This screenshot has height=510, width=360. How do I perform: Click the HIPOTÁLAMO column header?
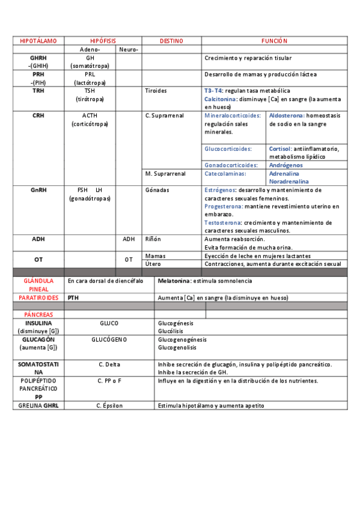click(38, 41)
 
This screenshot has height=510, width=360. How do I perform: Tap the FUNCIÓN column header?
click(274, 41)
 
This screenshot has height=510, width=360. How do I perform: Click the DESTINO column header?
click(171, 41)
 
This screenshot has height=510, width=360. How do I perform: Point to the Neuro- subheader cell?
click(129, 49)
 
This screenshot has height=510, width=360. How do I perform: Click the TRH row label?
click(38, 91)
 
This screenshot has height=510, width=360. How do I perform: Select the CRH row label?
click(38, 115)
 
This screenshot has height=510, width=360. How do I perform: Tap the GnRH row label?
click(38, 190)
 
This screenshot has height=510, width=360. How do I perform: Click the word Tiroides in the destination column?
click(156, 91)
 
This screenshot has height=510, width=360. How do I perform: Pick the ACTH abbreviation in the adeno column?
click(90, 115)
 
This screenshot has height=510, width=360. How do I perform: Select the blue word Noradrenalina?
click(289, 181)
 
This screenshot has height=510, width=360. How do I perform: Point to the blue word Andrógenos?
click(286, 165)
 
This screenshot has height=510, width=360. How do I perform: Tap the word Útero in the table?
click(153, 264)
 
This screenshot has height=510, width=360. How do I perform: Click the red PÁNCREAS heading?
click(38, 315)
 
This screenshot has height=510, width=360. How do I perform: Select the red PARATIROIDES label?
click(38, 298)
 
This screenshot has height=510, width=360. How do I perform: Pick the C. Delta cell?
click(109, 364)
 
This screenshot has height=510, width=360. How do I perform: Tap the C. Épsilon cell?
click(109, 406)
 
